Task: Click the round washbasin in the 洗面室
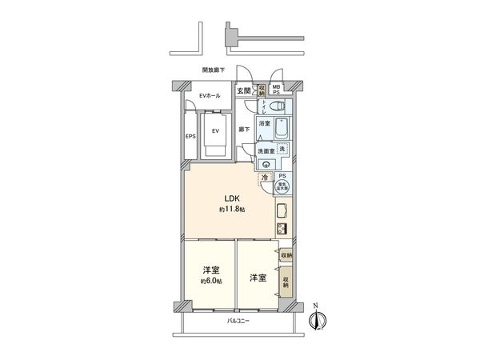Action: click(x=266, y=165)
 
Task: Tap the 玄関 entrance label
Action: click(x=242, y=90)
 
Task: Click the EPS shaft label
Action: click(x=190, y=137)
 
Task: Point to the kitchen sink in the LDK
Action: click(x=282, y=211)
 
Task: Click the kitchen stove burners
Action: click(x=282, y=229)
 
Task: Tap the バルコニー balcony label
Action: click(x=238, y=321)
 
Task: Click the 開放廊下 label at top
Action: click(x=214, y=70)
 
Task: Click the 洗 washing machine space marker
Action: click(x=281, y=149)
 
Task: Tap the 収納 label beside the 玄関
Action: click(x=262, y=90)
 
